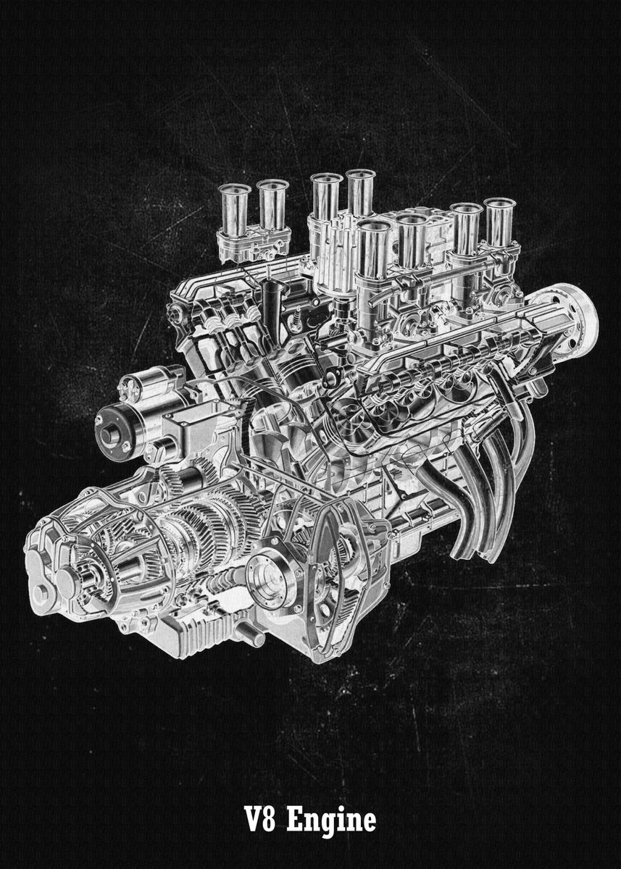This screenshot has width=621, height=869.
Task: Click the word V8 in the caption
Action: click(261, 821)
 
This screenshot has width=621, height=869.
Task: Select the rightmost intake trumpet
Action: click(500, 221)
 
